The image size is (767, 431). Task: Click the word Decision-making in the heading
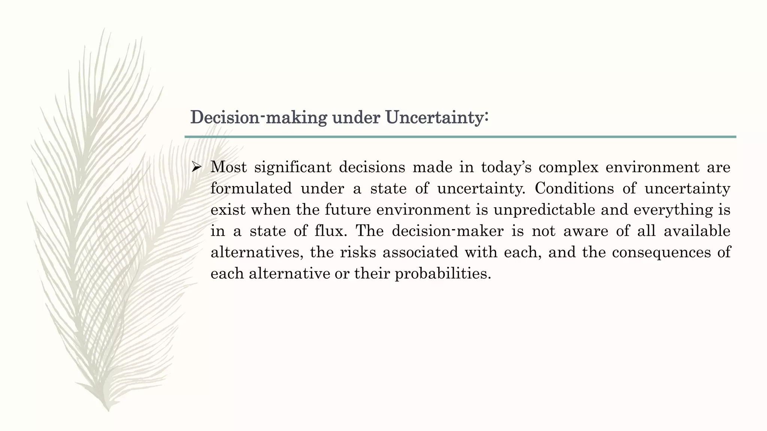[x=258, y=117]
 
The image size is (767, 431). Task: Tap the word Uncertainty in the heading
[x=436, y=117]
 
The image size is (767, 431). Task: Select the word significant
[x=293, y=167]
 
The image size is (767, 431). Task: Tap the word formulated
[x=251, y=188]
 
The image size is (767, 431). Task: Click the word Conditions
[x=574, y=188]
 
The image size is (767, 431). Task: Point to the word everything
[x=670, y=210]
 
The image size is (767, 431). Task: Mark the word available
[x=697, y=231]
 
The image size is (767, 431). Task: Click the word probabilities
[x=443, y=273]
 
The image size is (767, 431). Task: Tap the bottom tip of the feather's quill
[x=109, y=411]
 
